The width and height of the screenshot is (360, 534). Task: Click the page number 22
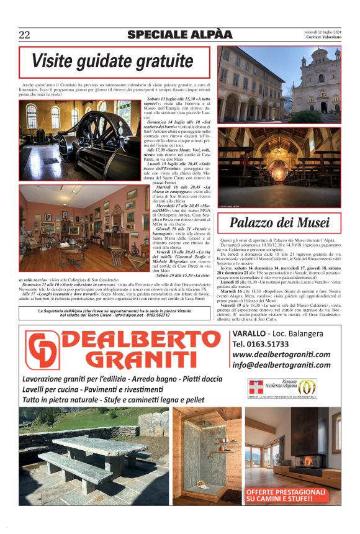click(x=24, y=35)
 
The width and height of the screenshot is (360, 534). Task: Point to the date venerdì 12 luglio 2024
click(x=322, y=32)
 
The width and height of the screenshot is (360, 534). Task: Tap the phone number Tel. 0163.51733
click(x=261, y=343)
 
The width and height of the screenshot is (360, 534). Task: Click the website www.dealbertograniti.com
click(x=281, y=355)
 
